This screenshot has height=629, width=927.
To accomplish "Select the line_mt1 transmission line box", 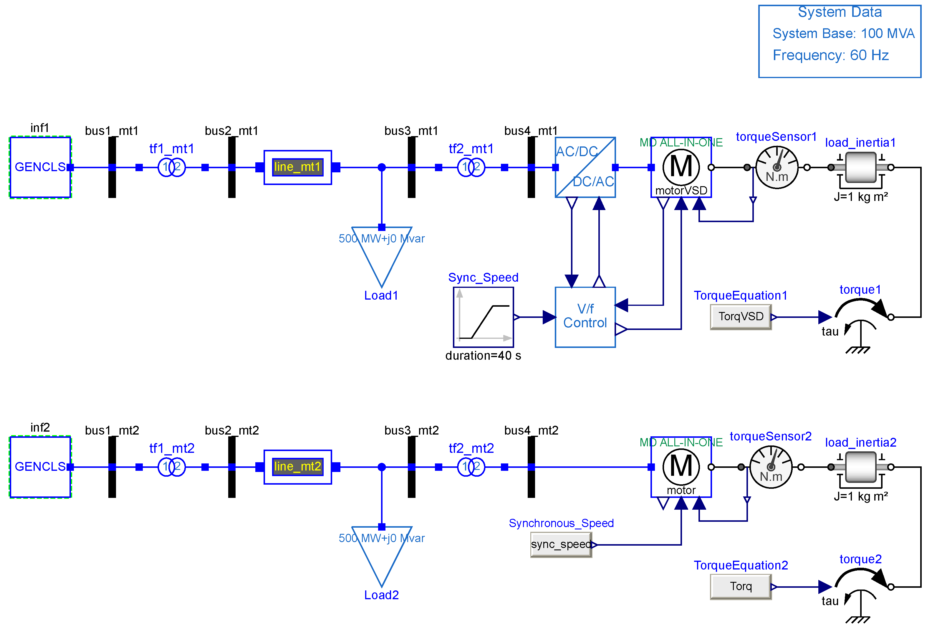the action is click(x=298, y=167).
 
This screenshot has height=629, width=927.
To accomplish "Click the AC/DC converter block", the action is click(x=585, y=167).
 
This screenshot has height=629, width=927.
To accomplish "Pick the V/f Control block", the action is click(x=585, y=317).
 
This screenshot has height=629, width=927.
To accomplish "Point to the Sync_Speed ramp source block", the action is click(x=483, y=317).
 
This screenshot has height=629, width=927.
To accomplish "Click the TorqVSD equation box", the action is click(x=741, y=317).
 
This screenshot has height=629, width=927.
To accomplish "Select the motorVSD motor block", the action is click(x=681, y=167).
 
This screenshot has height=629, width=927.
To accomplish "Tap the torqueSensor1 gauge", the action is click(x=777, y=167).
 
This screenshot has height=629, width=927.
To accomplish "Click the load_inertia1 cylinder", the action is click(x=861, y=167).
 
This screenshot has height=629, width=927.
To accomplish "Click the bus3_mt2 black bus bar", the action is click(x=412, y=467).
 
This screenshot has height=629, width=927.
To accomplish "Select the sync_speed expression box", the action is click(x=561, y=544).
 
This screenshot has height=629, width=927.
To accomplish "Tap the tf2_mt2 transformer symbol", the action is click(x=471, y=467).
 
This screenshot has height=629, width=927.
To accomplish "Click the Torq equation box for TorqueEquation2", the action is click(x=741, y=586).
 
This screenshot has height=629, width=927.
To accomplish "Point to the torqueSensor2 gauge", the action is click(x=771, y=467).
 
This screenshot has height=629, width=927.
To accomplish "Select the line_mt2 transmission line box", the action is click(x=298, y=467).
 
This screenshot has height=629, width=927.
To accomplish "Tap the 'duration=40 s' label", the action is click(x=483, y=355).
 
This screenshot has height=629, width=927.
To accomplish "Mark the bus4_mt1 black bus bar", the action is click(x=531, y=167).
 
